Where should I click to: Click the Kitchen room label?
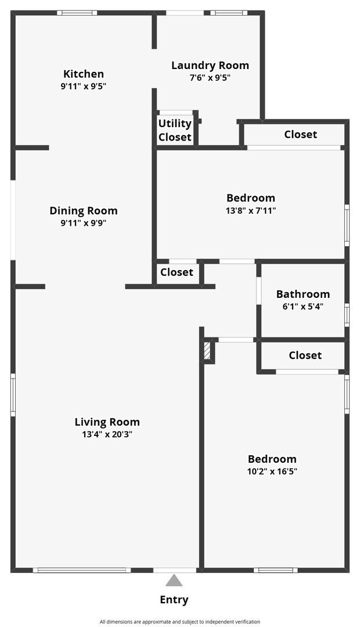point(84,74)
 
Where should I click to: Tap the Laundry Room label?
point(210,65)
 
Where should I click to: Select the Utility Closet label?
point(175,130)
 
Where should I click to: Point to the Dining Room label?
point(84,211)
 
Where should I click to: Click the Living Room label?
point(107,422)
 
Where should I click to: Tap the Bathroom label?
point(303,294)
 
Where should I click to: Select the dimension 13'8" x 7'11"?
point(251,211)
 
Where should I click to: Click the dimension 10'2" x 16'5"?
point(272,471)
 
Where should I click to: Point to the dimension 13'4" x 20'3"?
point(107,434)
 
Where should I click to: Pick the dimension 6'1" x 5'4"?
point(303,306)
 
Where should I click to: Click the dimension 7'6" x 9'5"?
point(210,78)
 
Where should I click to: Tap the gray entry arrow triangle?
point(174,581)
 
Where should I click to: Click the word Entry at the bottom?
point(174,600)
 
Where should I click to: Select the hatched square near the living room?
point(207,351)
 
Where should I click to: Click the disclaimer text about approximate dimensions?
point(180,621)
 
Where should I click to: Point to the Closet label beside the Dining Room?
point(177,272)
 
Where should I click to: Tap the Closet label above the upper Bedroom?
point(300,134)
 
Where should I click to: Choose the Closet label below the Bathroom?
point(305,355)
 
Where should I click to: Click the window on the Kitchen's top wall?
point(77,13)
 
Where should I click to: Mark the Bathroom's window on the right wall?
point(347,314)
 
